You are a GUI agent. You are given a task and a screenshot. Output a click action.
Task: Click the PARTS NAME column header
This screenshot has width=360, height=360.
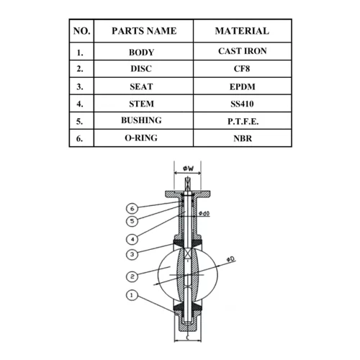(x=144, y=31)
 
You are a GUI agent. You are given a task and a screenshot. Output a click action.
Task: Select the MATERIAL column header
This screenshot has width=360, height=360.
(x=242, y=31)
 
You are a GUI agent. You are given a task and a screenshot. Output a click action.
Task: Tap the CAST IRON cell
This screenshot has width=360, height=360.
(x=243, y=51)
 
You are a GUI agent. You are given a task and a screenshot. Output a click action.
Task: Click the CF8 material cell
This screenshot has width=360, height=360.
(x=242, y=68)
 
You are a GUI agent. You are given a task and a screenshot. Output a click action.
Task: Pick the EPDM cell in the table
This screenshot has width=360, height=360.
(x=243, y=86)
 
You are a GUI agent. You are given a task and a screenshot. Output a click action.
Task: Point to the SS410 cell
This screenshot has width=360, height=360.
(x=242, y=104)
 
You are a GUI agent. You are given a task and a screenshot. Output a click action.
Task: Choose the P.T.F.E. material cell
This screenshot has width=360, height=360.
(x=243, y=122)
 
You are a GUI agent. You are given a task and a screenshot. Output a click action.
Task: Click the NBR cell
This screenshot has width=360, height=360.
(x=243, y=138)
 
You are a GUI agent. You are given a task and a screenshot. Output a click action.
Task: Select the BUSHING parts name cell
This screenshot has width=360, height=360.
(x=141, y=120)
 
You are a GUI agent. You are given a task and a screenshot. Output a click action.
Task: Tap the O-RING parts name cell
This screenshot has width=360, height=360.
(x=141, y=138)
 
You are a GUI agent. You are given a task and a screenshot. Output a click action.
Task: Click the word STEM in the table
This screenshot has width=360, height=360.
(x=141, y=104)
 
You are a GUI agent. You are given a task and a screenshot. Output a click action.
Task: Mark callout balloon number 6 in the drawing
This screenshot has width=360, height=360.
(x=132, y=209)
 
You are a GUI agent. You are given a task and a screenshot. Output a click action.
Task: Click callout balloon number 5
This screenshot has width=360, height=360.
(x=132, y=221)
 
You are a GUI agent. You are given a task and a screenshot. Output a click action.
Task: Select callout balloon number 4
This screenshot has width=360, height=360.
(x=132, y=239)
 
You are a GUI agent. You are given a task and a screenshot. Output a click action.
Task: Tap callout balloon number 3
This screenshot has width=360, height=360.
(x=132, y=254)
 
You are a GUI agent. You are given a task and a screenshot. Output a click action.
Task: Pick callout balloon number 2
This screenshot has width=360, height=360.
(x=132, y=276)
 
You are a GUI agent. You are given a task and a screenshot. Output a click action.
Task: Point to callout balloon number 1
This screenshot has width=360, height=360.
(x=132, y=295)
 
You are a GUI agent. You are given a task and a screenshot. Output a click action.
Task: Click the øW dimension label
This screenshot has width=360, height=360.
(x=188, y=168)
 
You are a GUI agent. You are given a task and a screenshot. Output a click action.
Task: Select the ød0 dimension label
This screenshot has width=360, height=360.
(x=204, y=213)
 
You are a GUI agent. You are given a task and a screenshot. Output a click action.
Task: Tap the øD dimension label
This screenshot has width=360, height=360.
(x=230, y=259)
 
